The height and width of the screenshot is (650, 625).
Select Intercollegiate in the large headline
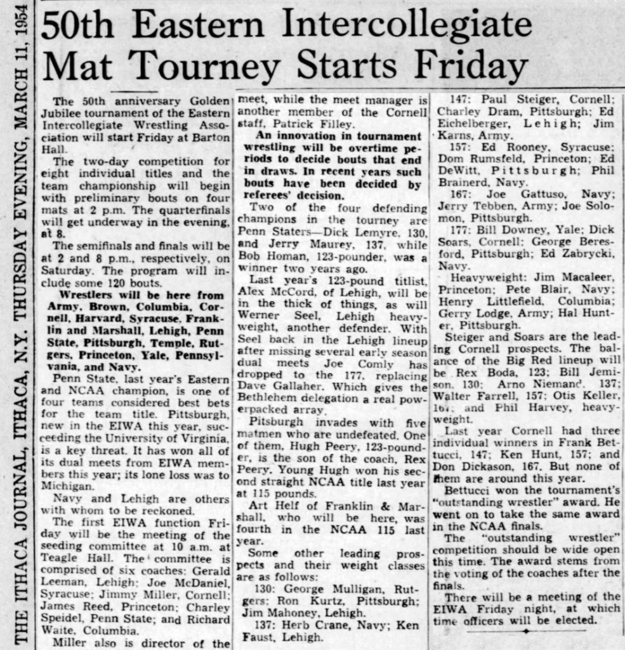[x=407, y=25]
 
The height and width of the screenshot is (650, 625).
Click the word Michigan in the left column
[x=63, y=486]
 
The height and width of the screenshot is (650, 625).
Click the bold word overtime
[x=379, y=147]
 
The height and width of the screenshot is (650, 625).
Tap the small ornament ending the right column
[x=525, y=632]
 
